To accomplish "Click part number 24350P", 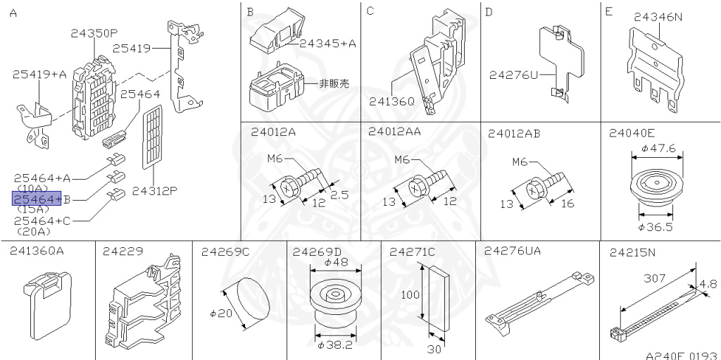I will click(94, 32).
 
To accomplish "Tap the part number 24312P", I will click(154, 190).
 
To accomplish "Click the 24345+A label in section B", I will click(327, 43).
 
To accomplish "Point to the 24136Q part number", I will click(392, 101).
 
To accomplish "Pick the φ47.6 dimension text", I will click(658, 149).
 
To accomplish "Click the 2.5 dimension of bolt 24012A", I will click(339, 194).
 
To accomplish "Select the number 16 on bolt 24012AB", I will click(567, 204).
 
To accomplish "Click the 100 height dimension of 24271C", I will click(410, 297).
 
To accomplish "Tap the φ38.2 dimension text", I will click(334, 345).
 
